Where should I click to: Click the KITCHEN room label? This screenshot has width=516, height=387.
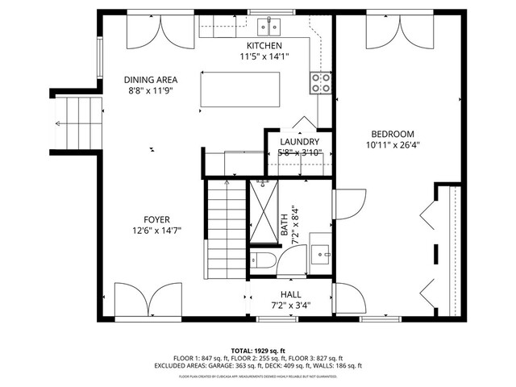263,45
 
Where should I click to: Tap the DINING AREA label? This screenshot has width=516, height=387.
150,80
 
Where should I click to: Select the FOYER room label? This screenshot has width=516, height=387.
156,218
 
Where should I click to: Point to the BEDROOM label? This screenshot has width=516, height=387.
393,134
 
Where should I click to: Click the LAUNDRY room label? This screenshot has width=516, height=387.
299,142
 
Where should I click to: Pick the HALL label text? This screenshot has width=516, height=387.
290,294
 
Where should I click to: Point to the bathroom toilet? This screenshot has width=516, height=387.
263,260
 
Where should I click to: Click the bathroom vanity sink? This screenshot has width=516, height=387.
322,254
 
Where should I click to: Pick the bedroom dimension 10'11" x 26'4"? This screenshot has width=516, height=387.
393,145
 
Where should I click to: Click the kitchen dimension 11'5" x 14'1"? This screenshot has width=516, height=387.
263,56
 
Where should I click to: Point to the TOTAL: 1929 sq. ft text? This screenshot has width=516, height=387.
258,351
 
